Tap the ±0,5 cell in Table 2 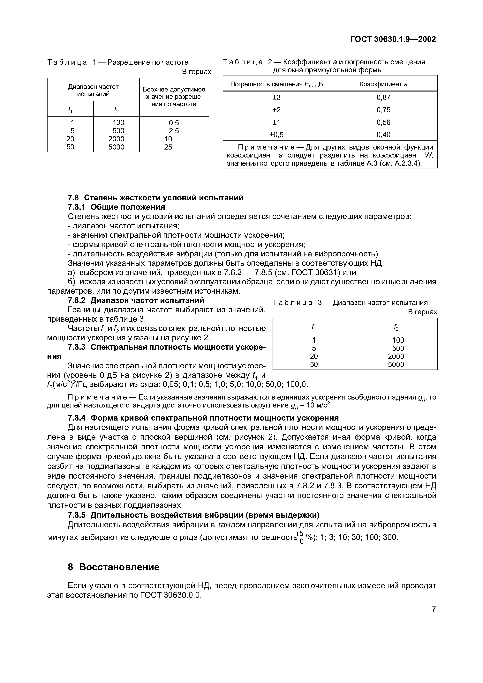(276, 135)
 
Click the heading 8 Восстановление (114, 567)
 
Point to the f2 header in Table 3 (396, 327)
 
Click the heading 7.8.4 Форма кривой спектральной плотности (203, 418)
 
